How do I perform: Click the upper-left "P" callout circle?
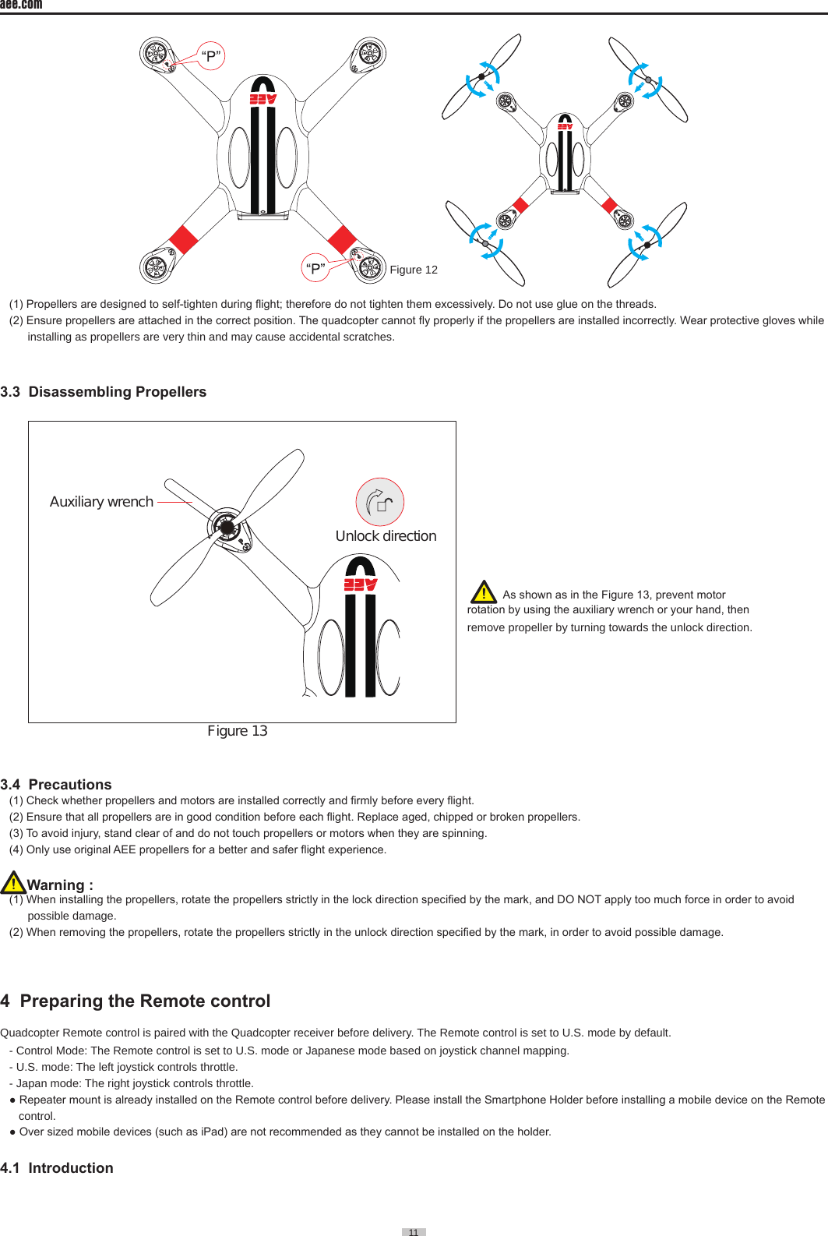[x=210, y=56]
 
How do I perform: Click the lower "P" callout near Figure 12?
[x=315, y=267]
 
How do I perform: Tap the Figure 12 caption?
[x=414, y=270]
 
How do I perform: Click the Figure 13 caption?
[x=238, y=731]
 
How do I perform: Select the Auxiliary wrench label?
[x=101, y=502]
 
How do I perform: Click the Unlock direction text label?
[x=386, y=536]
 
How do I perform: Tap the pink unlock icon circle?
[x=380, y=502]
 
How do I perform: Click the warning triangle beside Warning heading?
[x=13, y=883]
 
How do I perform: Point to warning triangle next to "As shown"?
[x=484, y=592]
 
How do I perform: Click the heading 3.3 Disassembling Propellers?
[x=104, y=392]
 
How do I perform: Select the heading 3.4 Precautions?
[x=56, y=785]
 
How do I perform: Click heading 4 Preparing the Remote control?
[x=136, y=1001]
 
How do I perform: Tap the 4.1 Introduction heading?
[x=57, y=1168]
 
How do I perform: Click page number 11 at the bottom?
[x=414, y=1232]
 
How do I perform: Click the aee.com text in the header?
[x=21, y=5]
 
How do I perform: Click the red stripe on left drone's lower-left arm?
[x=184, y=239]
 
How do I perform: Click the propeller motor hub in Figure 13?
[x=227, y=528]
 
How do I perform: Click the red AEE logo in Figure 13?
[x=361, y=584]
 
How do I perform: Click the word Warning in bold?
[x=56, y=885]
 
